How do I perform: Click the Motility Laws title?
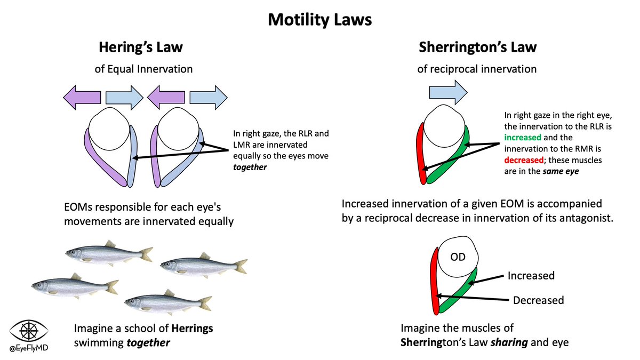tap(319, 20)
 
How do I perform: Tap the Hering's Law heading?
tap(140, 47)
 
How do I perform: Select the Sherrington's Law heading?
tap(477, 47)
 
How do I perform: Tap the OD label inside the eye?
tap(458, 257)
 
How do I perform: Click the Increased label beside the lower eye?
tap(531, 276)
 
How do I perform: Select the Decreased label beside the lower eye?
tap(538, 300)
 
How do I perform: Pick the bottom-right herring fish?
tap(168, 303)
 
